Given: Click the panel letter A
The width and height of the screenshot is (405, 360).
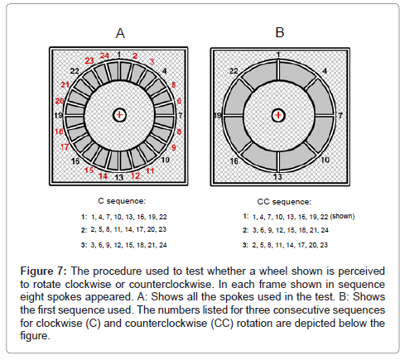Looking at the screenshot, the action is click(120, 33).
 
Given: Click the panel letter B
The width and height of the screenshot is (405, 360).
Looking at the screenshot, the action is click(280, 32).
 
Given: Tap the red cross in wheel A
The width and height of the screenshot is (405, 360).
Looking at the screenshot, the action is click(119, 115).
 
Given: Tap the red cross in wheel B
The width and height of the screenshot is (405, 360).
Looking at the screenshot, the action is click(278, 115).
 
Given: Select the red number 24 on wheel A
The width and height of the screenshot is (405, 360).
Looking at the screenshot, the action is click(104, 55).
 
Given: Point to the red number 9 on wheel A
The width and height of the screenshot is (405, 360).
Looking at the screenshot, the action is click(174, 147).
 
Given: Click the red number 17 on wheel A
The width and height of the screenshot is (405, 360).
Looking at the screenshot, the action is click(65, 147).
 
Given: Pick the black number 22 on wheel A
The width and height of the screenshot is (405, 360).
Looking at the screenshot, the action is click(75, 71).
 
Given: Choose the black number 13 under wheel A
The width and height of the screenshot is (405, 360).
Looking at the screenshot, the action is click(118, 177).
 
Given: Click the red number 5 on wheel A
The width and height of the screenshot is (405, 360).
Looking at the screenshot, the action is click(173, 84).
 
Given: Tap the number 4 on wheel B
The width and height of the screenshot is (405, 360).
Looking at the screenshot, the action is click(325, 71).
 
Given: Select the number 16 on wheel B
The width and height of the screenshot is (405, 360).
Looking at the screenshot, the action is click(234, 161).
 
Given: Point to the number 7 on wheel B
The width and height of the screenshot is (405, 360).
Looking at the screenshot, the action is click(340, 115).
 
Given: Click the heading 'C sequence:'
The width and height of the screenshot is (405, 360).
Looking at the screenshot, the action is click(122, 201).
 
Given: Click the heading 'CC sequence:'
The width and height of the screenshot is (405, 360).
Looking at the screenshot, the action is click(284, 202).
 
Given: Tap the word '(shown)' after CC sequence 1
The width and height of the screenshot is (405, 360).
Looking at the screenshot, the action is click(342, 216).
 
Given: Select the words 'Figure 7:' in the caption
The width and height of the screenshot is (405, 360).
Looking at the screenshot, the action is click(43, 271).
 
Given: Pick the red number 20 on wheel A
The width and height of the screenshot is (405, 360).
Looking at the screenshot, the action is click(60, 101).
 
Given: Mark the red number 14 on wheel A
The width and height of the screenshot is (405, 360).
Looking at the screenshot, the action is click(103, 175).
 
